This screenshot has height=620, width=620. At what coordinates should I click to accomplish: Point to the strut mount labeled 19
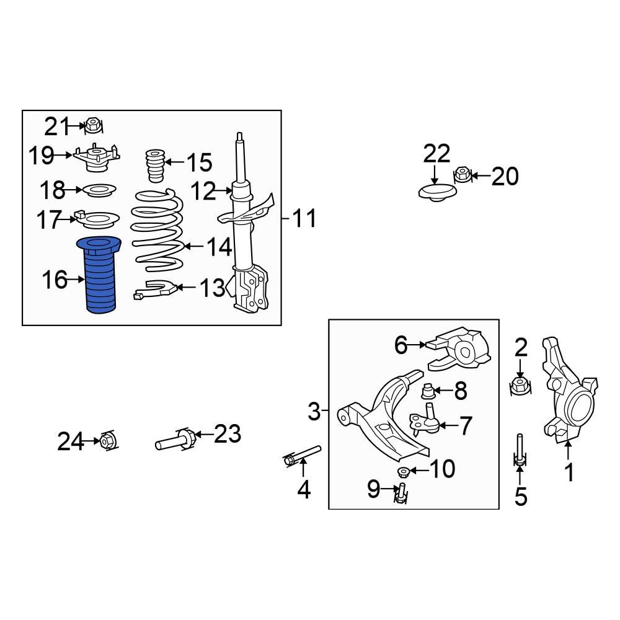(96, 157)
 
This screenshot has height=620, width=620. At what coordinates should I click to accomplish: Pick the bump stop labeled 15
(154, 166)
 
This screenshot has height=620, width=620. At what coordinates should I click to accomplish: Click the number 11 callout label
(304, 218)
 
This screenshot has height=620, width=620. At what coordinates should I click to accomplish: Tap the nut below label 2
(520, 386)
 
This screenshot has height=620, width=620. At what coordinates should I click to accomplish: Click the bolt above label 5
(520, 449)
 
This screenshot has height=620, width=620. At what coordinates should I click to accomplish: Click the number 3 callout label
(314, 410)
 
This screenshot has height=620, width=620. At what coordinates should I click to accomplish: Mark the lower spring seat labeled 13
(154, 288)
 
